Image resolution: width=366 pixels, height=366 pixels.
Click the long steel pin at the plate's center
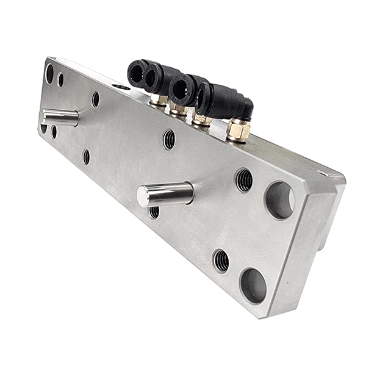point(168,194)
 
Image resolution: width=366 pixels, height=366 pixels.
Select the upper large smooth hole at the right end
point(279,199)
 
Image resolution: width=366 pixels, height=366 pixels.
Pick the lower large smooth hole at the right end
point(253,285)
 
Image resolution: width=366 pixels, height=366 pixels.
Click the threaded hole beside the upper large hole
point(244,180)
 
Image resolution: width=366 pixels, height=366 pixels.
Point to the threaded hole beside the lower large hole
point(221,260)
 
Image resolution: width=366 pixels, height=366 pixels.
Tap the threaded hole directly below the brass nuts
point(169,139)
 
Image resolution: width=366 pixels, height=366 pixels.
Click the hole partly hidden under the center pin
point(154,212)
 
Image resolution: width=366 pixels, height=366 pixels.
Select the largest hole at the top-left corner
point(49,73)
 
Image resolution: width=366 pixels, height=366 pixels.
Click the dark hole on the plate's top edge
point(121,87)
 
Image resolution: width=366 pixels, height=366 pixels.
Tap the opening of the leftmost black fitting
point(135,72)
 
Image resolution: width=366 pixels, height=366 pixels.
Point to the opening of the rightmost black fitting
point(203,96)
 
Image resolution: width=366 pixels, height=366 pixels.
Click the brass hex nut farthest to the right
point(238,129)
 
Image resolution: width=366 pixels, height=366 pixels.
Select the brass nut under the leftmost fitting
point(159,99)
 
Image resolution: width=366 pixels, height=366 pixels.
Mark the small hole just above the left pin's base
point(95,99)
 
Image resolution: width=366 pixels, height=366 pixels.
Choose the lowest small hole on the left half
point(86,157)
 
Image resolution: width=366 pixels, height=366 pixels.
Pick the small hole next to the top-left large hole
point(60,79)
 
